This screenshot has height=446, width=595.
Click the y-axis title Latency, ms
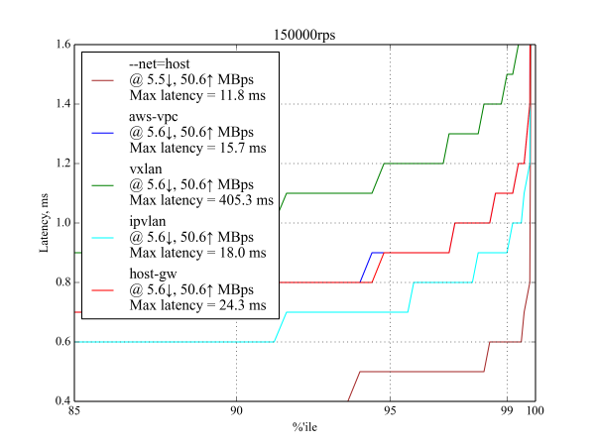click(x=43, y=223)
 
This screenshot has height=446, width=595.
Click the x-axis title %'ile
click(x=303, y=427)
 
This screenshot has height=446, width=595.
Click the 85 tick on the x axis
click(x=74, y=411)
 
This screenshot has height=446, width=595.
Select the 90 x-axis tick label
click(x=236, y=411)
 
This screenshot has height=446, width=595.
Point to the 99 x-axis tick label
click(x=507, y=411)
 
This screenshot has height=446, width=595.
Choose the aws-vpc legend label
click(x=155, y=115)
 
